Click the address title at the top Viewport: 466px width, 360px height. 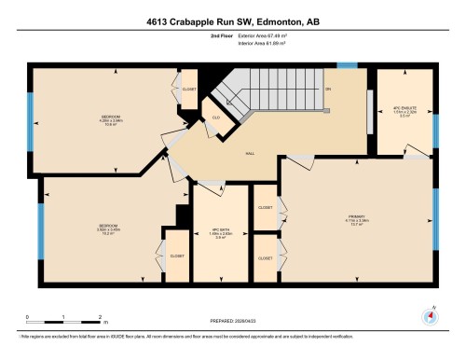click(232, 23)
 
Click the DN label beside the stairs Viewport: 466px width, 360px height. click(328, 89)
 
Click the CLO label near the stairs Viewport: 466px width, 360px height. click(215, 118)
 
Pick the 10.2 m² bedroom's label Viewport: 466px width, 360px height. click(107, 230)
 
